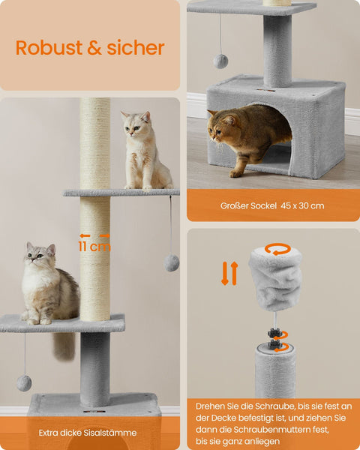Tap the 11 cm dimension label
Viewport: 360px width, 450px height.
94,246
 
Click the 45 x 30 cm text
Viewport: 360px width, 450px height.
301,205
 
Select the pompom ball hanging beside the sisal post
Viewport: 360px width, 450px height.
172,262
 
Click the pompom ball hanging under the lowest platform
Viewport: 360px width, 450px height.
24,382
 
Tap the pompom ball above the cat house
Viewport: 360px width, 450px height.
220,61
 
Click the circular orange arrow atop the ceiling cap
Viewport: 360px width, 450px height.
277,248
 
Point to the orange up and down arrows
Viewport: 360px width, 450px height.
229,273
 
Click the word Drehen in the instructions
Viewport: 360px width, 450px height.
211,405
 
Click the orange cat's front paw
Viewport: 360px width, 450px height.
236,172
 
